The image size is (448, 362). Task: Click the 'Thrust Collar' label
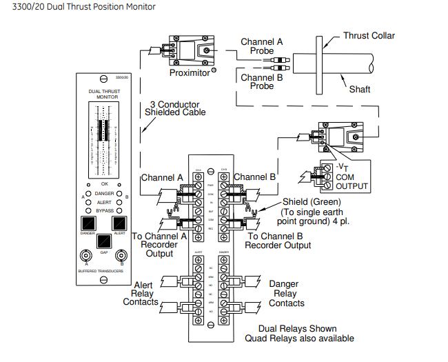[x=368, y=36]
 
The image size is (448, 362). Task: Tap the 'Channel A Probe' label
[x=262, y=47]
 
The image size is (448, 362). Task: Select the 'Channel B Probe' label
[x=262, y=82]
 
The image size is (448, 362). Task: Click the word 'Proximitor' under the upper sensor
[x=189, y=72]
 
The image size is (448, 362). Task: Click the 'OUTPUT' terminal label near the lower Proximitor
[x=352, y=186]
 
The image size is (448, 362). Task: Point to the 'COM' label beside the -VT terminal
[x=345, y=177]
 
